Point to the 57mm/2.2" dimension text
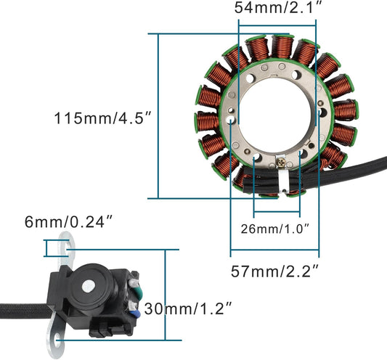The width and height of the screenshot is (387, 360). coord(275,272)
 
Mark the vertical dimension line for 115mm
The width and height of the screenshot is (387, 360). coord(158,116)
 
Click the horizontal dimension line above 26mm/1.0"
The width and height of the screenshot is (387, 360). coord(277,214)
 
